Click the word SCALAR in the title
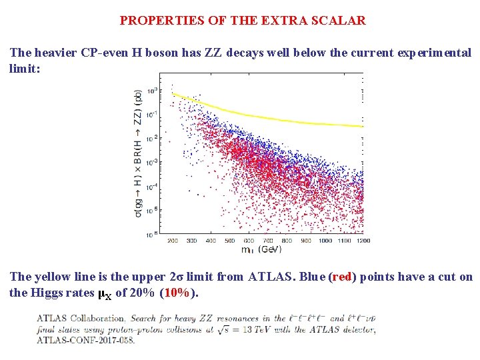coord(339,20)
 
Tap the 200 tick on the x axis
coord(172,240)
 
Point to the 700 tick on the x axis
coord(268,240)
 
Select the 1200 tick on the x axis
coord(363,240)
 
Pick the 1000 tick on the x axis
coord(325,240)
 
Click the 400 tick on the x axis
coord(211,240)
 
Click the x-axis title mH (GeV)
coord(261,249)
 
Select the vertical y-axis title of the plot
coord(137,153)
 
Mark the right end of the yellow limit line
coord(363,127)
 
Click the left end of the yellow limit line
coord(172,94)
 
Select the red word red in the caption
coord(341,277)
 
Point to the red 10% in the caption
coord(177,293)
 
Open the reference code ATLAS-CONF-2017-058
coord(85,340)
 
